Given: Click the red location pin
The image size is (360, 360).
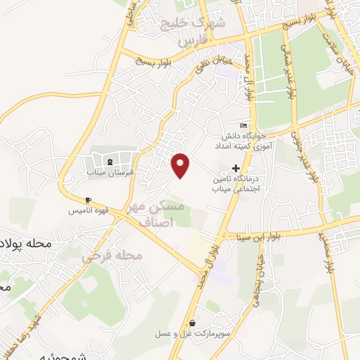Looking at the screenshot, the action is point(181,165).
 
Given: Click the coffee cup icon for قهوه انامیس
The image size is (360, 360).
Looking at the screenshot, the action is point(88,200).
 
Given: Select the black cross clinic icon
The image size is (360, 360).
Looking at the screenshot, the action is point(236,168).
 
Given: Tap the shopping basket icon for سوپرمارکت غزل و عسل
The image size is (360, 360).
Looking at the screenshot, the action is point(192,324).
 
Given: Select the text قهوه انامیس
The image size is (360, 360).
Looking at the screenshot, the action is point(87,210).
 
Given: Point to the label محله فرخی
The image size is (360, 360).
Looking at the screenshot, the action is point(112,256).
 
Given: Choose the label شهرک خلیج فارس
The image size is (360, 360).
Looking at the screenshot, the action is point(189,32).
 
